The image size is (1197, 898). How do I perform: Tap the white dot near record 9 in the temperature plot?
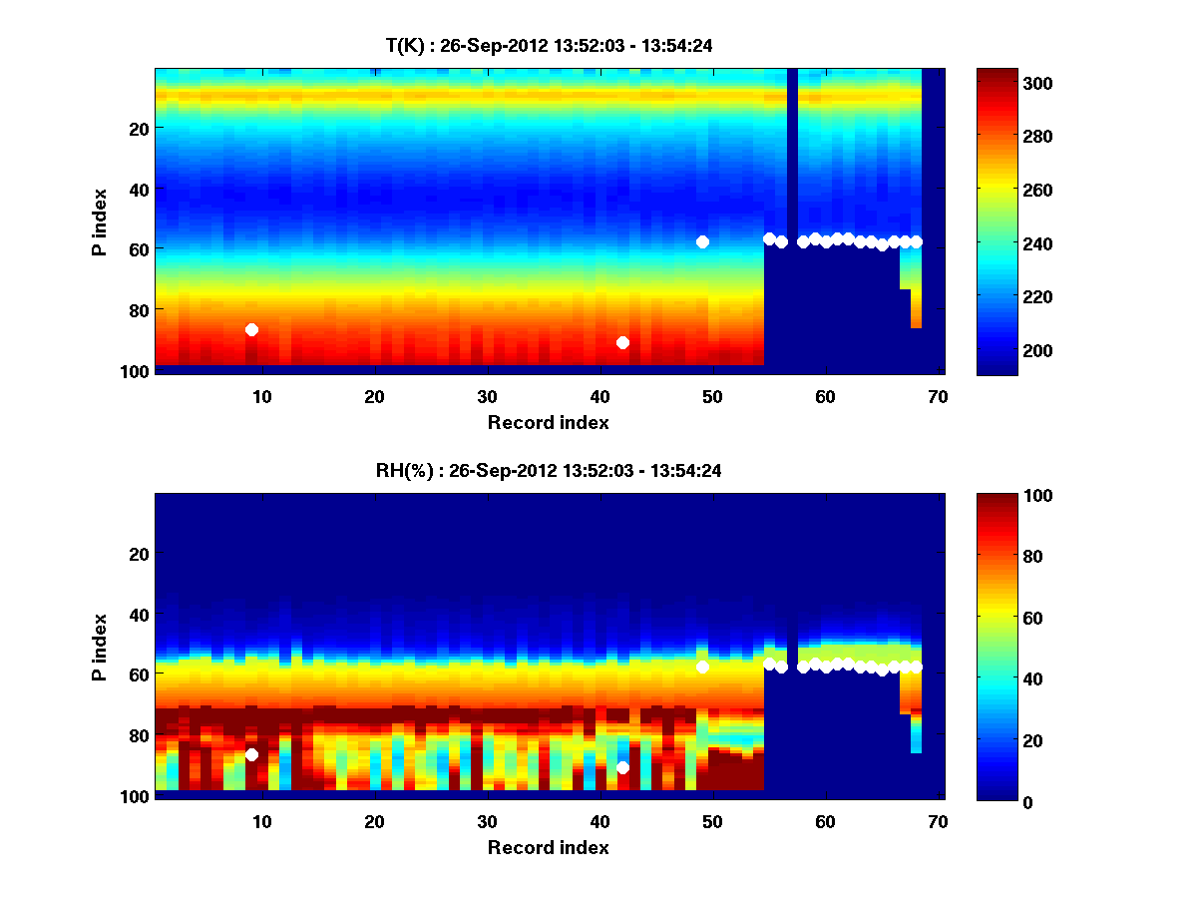[x=251, y=329]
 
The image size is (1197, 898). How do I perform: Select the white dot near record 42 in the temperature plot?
[x=622, y=342]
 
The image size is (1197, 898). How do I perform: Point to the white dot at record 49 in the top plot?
[x=702, y=241]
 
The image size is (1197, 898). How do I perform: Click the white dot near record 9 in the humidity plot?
[x=251, y=754]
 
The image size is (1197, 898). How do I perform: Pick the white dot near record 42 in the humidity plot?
[x=622, y=767]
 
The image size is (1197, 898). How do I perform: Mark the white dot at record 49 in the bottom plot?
[x=702, y=667]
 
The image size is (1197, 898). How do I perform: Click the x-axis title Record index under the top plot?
[x=549, y=422]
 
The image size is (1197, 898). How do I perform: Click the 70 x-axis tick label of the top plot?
[x=938, y=395]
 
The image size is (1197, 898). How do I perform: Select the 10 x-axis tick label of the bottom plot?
[x=261, y=820]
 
